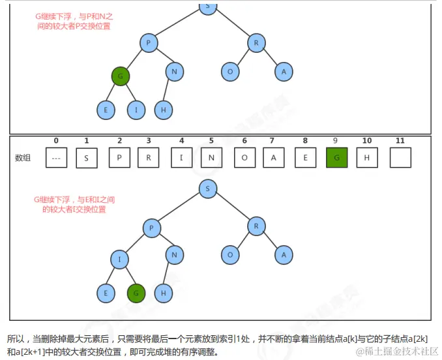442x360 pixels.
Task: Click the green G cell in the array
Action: (336, 157)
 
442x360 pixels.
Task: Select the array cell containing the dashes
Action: (56, 157)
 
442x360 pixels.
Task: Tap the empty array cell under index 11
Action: (400, 157)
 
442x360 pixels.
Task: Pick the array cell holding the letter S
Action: (86, 157)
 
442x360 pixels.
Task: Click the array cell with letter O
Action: (244, 157)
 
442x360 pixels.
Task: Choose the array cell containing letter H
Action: (367, 157)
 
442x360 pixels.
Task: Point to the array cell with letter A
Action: (274, 157)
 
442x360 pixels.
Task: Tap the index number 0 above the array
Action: (56, 141)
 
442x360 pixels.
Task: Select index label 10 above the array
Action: (367, 141)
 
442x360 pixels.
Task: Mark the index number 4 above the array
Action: (181, 141)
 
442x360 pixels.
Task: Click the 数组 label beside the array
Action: (23, 158)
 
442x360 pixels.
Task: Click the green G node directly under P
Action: (120, 76)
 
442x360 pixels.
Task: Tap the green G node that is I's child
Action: (136, 293)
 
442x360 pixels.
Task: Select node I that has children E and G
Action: (120, 260)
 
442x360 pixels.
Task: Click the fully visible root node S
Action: (207, 189)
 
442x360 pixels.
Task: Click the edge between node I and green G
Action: (128, 277)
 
